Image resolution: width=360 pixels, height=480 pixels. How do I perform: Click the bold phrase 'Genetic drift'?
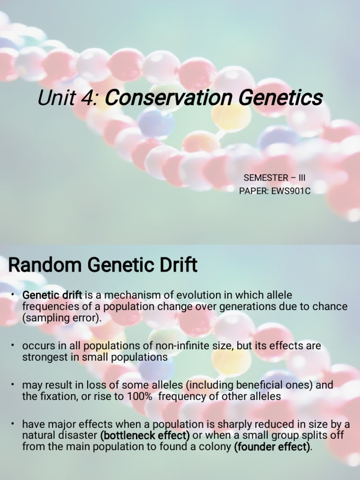(x=52, y=295)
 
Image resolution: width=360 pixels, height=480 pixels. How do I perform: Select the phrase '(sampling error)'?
(x=61, y=318)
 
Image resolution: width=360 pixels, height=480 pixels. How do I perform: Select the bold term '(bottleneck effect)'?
(x=145, y=435)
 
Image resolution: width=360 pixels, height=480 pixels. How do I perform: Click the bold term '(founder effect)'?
(x=272, y=447)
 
